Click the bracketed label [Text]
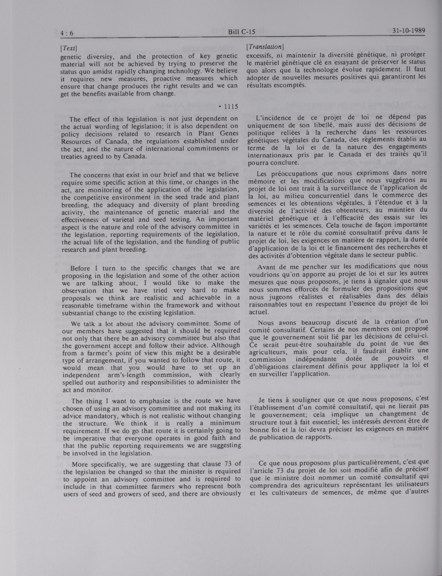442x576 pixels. click(x=68, y=48)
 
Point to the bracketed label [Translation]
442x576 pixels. click(x=264, y=47)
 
